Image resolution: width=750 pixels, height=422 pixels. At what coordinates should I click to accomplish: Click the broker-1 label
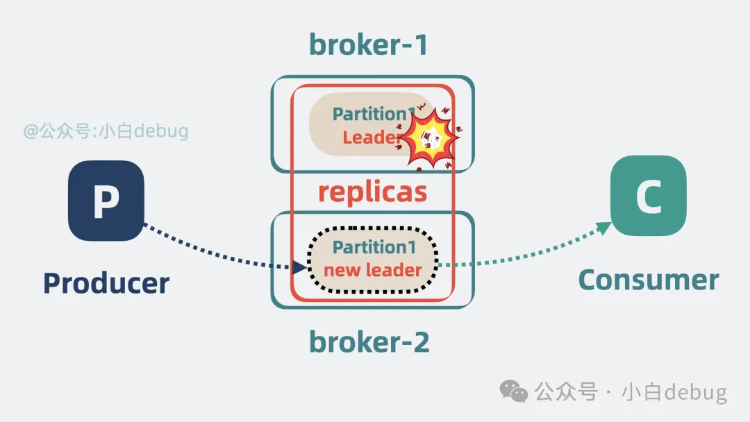pos(368,44)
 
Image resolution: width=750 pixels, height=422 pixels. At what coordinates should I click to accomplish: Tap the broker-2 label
pos(369,341)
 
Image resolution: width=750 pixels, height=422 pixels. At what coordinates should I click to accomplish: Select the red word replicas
pos(373,192)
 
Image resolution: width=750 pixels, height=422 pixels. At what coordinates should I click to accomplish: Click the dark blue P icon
pos(106,201)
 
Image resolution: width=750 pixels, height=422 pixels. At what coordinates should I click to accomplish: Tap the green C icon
pos(649,196)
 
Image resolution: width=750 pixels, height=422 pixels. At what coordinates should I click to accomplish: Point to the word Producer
pos(106,283)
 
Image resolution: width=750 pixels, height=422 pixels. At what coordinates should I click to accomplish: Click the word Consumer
pos(649,280)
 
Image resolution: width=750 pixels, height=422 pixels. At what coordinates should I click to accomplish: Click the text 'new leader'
pos(373,271)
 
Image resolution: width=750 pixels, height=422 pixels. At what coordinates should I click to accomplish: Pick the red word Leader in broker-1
pos(371,137)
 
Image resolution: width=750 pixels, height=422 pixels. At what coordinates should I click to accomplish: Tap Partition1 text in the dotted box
pos(374,247)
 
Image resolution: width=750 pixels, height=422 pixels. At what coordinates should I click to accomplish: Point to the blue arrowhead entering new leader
pos(299,268)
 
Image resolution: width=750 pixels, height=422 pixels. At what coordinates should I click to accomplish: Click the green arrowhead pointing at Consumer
pos(603,228)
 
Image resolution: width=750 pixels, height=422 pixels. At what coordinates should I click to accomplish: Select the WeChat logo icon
pos(514,391)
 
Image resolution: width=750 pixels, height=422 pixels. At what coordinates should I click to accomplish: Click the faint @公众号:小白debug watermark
pos(106,131)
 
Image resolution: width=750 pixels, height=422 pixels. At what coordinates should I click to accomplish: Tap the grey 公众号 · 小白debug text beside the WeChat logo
pos(631,392)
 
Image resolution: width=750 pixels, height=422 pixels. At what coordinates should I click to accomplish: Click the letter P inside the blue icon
pos(106,201)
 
